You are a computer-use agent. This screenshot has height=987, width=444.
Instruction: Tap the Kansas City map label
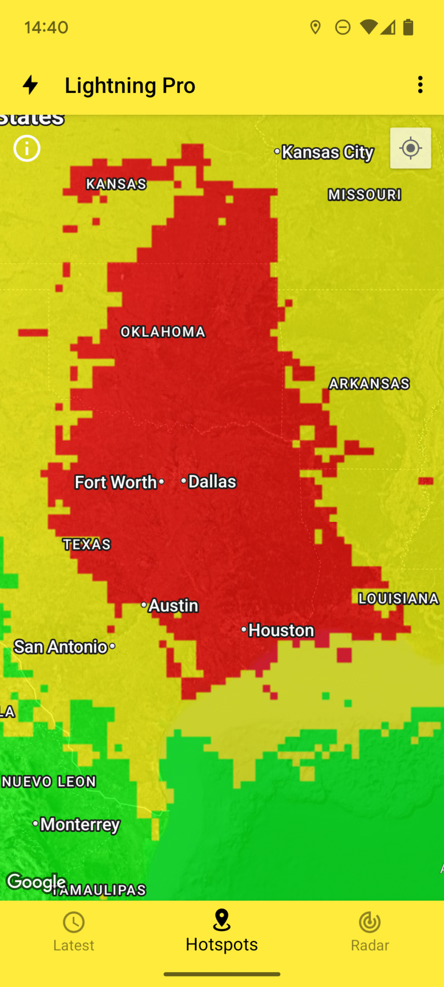tap(327, 152)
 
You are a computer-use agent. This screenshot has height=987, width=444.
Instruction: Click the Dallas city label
tap(212, 481)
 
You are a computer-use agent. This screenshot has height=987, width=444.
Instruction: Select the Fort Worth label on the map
tap(116, 482)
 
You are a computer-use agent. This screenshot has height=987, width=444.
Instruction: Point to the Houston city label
tap(281, 630)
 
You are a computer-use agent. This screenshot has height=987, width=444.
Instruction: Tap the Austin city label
tap(173, 606)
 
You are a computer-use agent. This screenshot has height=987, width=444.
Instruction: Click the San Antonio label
tap(61, 647)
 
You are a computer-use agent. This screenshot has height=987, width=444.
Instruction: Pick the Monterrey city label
tap(80, 824)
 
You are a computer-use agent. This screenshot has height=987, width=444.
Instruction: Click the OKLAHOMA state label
tap(163, 332)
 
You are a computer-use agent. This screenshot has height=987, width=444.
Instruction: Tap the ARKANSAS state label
tap(369, 384)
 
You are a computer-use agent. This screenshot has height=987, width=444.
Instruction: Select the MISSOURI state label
tap(365, 195)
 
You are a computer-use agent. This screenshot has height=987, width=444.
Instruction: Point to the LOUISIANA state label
tap(399, 599)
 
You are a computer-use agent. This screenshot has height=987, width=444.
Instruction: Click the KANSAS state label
tap(116, 184)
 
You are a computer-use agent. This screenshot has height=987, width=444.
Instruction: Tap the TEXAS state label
tap(87, 545)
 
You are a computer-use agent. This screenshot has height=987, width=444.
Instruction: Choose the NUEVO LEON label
tap(49, 782)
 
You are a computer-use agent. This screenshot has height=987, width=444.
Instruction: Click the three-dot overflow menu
tap(420, 85)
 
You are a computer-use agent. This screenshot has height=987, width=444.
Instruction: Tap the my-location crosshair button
tap(411, 148)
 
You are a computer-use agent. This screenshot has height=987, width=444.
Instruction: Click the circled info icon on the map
tap(27, 148)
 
